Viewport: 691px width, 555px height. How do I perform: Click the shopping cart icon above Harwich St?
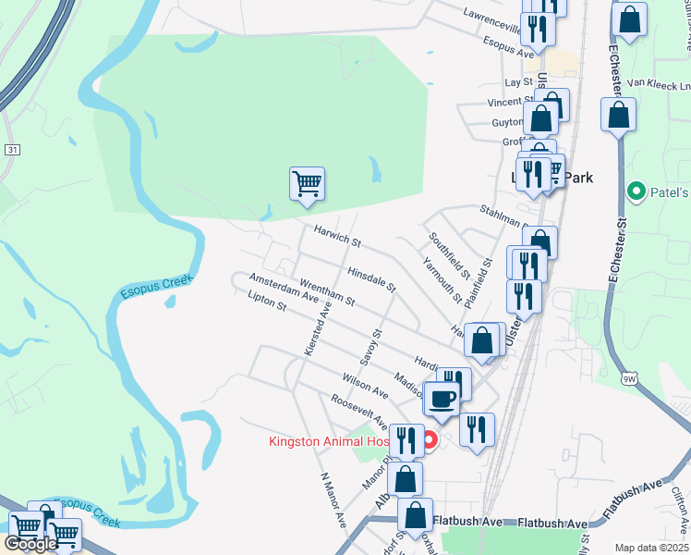click(x=307, y=182)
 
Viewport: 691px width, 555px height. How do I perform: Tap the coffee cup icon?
click(x=442, y=398)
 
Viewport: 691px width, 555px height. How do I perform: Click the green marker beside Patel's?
click(x=636, y=192)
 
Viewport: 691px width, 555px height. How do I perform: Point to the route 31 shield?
click(x=11, y=149)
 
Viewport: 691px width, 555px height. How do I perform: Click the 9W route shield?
click(x=630, y=377)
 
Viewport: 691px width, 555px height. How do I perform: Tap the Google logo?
click(x=30, y=544)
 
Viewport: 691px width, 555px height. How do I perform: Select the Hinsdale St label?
click(x=371, y=280)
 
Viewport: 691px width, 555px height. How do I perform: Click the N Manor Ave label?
click(x=333, y=500)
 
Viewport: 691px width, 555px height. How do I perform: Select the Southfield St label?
click(x=449, y=256)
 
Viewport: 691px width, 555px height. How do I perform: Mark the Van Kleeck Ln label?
click(x=658, y=83)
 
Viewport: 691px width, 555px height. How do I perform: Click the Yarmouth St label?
click(x=442, y=278)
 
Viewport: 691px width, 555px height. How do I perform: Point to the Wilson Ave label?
click(x=361, y=385)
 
